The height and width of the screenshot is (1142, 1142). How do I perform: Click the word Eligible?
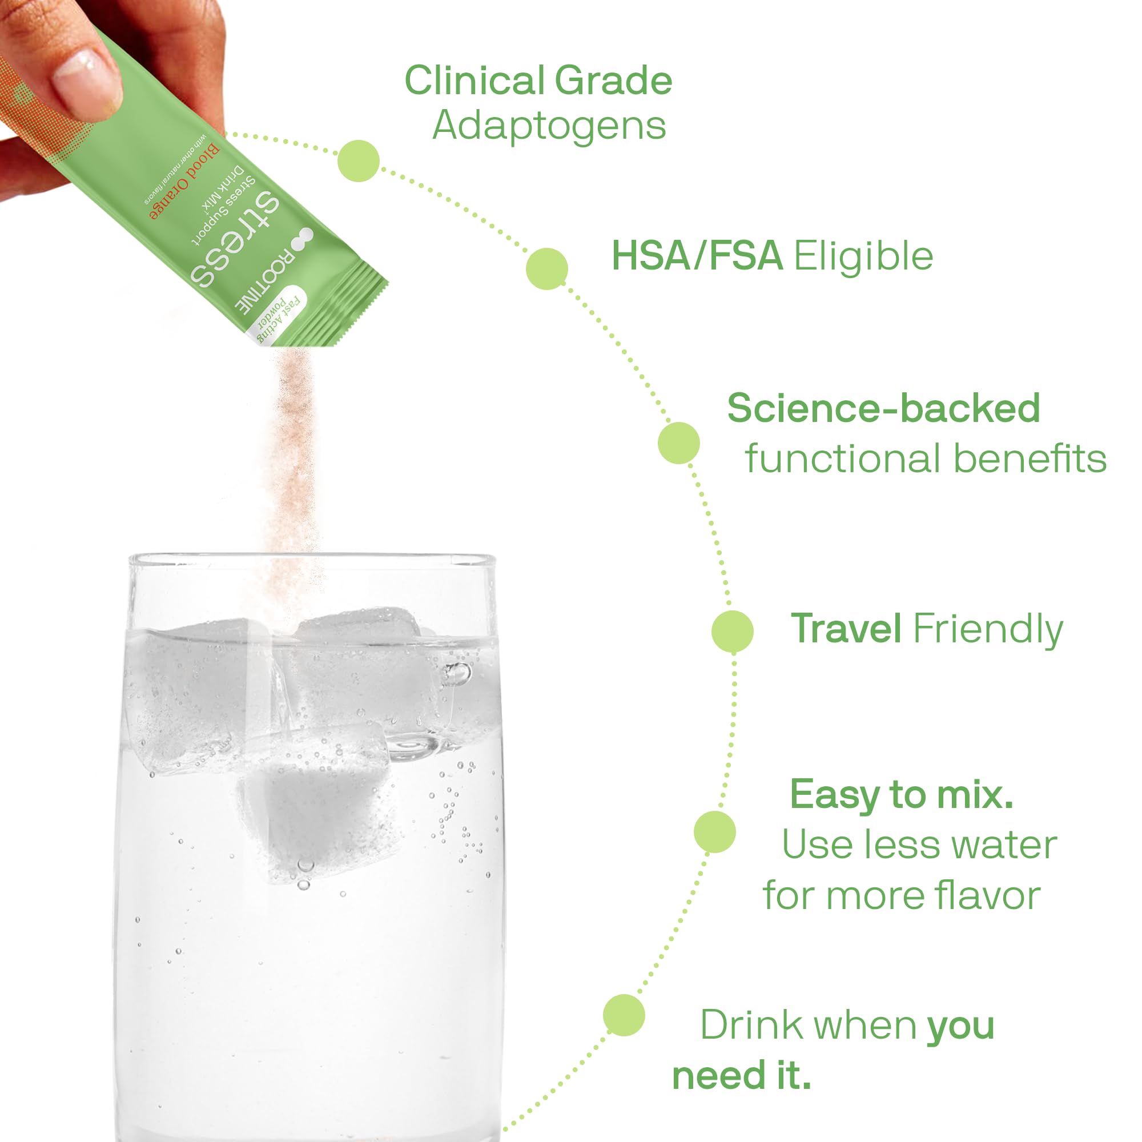(863, 256)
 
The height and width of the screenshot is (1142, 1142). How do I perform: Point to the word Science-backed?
(883, 408)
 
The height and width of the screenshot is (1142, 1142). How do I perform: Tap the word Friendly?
(988, 629)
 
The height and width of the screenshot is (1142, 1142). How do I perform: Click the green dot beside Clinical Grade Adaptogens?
(359, 161)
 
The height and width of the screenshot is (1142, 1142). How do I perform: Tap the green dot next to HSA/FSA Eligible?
(547, 269)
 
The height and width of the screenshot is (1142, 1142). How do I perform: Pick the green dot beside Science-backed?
(678, 443)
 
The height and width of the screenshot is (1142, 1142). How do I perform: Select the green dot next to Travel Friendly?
(733, 632)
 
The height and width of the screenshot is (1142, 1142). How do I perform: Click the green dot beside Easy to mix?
(715, 832)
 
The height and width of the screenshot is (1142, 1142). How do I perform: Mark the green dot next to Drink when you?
(624, 1015)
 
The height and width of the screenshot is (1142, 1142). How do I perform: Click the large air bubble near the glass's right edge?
(456, 673)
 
